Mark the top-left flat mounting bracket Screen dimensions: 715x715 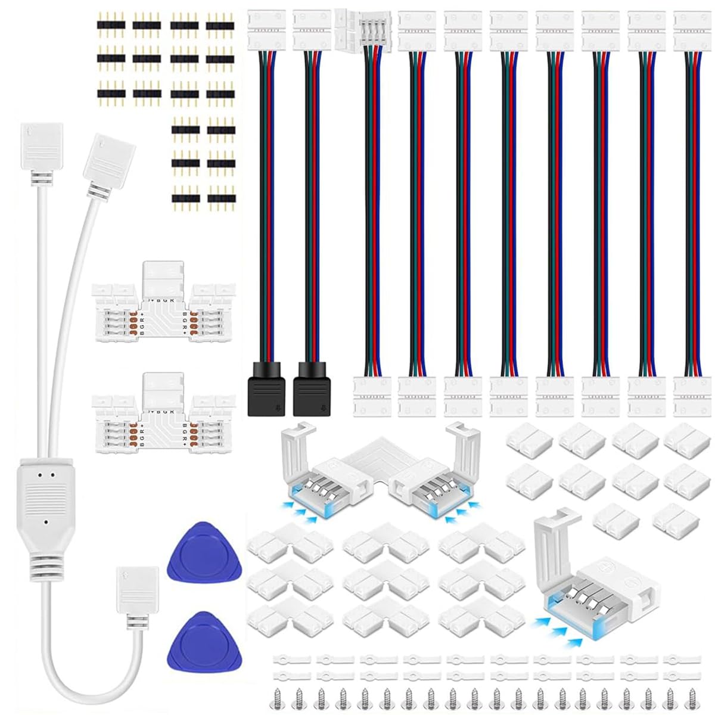pos(292,660)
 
